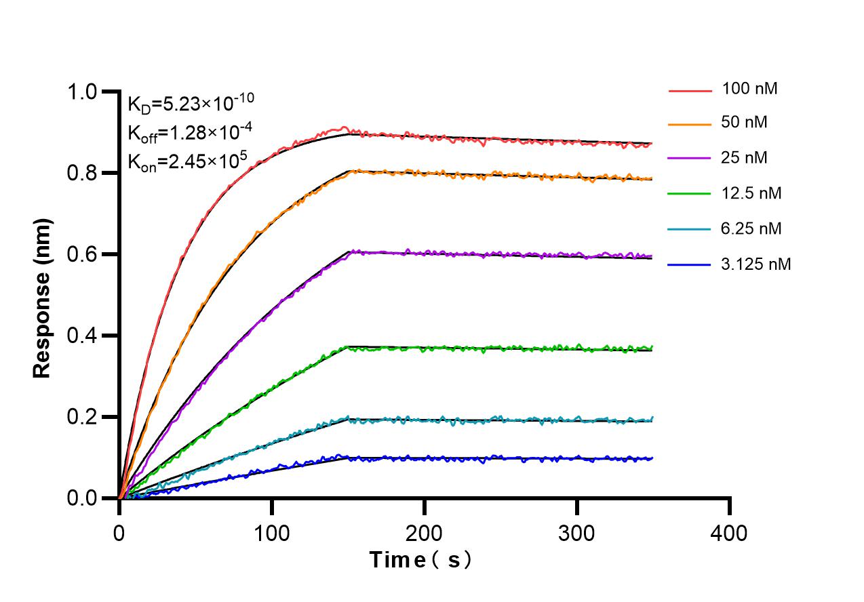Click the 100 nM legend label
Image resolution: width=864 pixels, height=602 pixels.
point(750,88)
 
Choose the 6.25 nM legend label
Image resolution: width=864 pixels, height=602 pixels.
point(752,228)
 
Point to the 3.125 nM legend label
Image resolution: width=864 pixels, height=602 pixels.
point(756,264)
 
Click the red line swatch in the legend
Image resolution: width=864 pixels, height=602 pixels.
point(690,89)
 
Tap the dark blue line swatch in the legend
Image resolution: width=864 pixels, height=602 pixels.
point(690,265)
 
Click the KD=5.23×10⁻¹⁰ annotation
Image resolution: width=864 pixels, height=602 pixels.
point(191,103)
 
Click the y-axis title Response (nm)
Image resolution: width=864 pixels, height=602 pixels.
point(42,298)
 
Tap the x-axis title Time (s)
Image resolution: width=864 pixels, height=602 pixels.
point(420,560)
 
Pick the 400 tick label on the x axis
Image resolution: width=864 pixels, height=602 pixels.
point(729,533)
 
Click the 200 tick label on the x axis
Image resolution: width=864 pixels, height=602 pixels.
point(425,533)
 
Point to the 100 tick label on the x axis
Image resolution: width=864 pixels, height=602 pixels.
point(272,533)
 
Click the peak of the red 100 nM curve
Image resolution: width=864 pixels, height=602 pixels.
point(345,127)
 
